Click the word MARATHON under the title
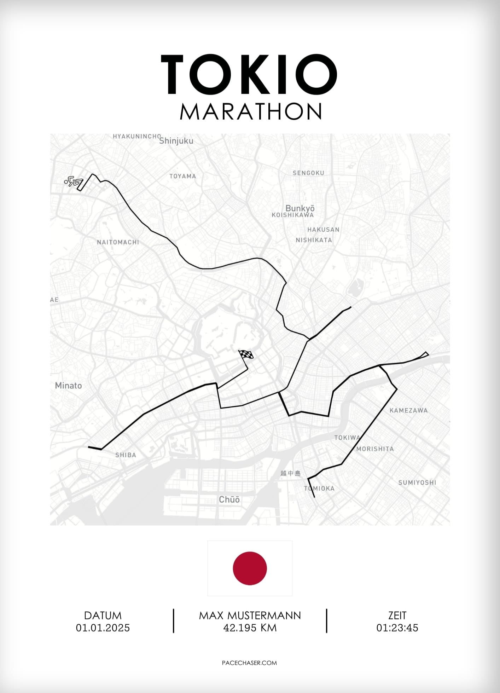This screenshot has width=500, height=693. [250, 112]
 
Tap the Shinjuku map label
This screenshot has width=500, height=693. [176, 141]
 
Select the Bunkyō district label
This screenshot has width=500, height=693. [300, 208]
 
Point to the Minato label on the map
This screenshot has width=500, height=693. [68, 386]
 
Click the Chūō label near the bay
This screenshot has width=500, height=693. [229, 499]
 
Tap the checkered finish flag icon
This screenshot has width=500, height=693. [246, 355]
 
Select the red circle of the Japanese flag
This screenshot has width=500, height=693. [250, 568]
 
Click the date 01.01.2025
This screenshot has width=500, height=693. [103, 628]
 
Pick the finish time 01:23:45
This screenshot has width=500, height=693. [397, 628]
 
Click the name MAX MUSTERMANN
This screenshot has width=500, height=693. [250, 616]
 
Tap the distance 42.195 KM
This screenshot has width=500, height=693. [250, 628]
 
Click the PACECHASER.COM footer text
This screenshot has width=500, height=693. [249, 663]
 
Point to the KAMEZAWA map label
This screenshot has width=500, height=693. [408, 410]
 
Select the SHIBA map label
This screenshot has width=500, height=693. [126, 455]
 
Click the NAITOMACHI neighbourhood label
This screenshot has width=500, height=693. [118, 242]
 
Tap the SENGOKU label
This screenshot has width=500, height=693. [308, 173]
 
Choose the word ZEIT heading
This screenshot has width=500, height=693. [397, 616]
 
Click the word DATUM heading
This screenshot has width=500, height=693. [103, 616]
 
